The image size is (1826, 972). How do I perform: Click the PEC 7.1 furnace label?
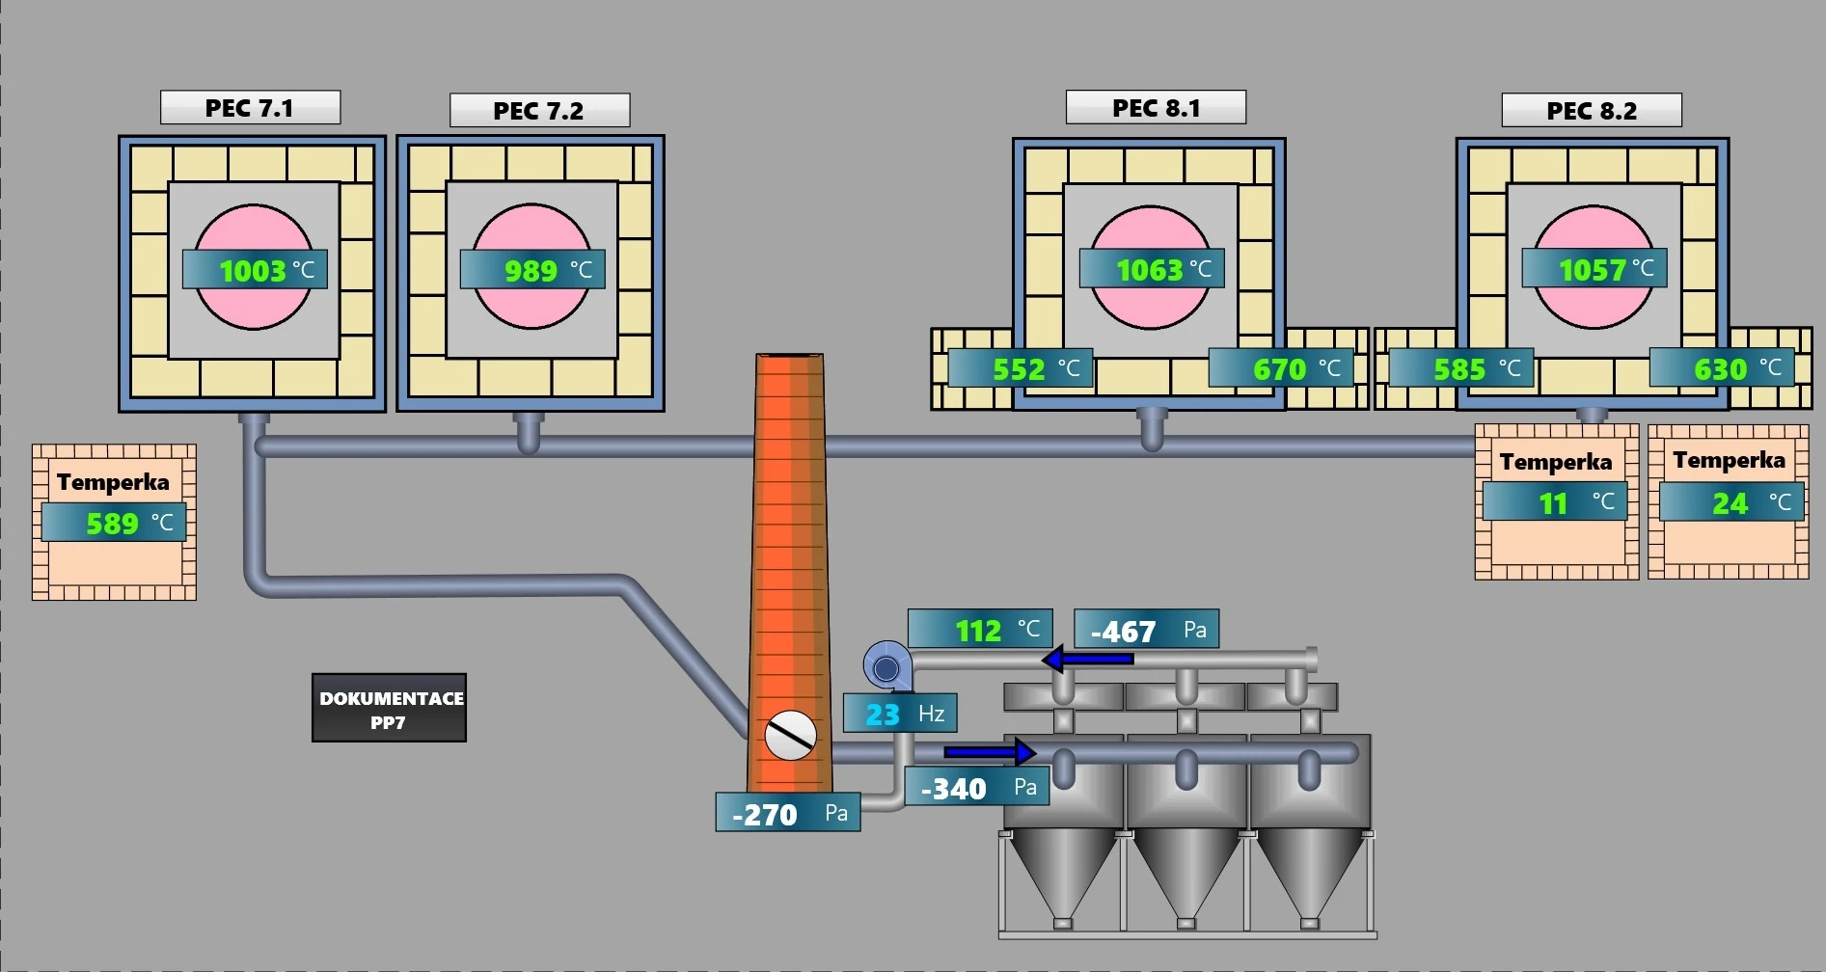(250, 108)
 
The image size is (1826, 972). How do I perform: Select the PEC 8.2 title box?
(1592, 111)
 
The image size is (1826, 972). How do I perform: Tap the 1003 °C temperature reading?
(255, 270)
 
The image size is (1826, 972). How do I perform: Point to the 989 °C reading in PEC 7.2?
(532, 270)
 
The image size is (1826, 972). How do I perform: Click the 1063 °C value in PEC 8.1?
(1152, 269)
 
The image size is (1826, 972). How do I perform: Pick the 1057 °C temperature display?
(1594, 269)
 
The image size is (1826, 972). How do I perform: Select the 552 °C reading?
(1021, 368)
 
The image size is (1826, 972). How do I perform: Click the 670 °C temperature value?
(1281, 368)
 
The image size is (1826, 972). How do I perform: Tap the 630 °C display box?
(1722, 368)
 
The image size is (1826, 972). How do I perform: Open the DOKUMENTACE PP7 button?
(390, 709)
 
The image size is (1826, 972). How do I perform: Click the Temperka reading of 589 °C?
(114, 523)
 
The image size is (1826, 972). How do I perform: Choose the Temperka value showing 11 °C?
(1555, 502)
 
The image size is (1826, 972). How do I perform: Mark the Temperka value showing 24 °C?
(1731, 502)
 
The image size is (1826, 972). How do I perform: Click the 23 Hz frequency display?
(900, 714)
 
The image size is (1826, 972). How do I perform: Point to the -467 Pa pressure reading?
(1146, 631)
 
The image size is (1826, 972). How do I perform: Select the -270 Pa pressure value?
(787, 813)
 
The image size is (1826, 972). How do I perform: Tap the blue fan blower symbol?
(886, 666)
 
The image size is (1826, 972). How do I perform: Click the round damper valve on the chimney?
(790, 736)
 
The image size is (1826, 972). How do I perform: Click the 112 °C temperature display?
(980, 630)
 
